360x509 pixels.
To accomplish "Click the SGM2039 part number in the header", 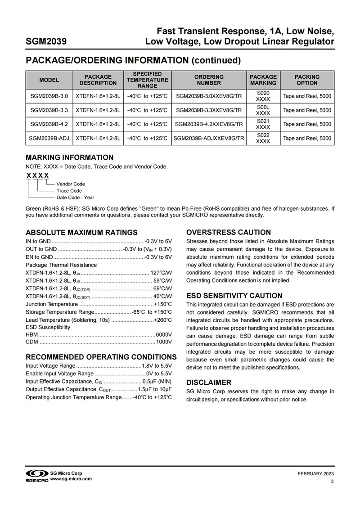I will pos(46,42).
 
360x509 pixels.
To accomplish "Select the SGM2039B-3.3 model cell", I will pos(49,110).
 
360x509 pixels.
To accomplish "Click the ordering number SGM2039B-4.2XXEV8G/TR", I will pos(209,124).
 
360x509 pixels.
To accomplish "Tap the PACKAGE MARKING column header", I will pos(263,80).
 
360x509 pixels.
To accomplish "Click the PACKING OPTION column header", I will pos(307,80).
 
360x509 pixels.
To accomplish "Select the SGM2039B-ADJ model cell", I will pos(49,139).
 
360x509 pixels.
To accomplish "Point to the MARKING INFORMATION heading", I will pos(69,158).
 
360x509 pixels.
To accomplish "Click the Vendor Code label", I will pos(71,184).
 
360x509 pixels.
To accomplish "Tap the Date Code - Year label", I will pos(75,198).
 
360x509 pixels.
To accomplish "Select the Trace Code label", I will pos(69,191).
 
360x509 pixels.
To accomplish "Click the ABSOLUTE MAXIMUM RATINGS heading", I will pos(81,233).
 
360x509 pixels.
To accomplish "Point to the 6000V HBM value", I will pos(164,334).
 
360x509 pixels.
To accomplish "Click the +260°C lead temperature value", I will pos(163,320).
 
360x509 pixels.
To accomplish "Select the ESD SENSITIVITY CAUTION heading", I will pos(234,296).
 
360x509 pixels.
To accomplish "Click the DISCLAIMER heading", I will pos(209,383).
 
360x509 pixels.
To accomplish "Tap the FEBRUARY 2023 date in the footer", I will pos(316,474).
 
